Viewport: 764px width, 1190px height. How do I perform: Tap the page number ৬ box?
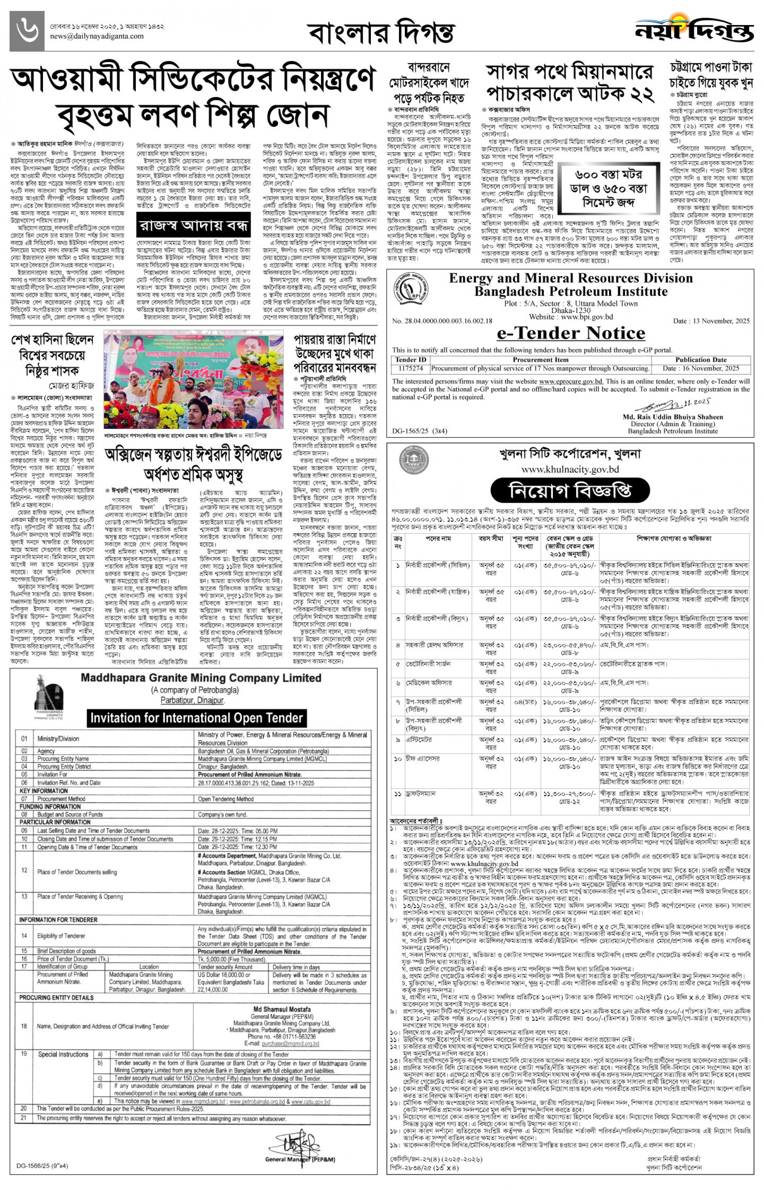click(27, 30)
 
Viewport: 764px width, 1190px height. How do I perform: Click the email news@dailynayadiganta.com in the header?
click(97, 36)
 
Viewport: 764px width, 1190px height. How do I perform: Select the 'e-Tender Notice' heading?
click(571, 332)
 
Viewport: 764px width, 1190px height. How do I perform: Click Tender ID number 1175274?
click(410, 368)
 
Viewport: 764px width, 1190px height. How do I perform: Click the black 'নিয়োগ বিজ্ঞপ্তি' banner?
click(570, 491)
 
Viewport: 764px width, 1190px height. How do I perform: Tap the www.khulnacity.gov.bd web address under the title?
click(570, 469)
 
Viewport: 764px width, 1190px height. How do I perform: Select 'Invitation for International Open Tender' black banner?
click(197, 718)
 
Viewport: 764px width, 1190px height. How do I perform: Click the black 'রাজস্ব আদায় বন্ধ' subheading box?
click(193, 226)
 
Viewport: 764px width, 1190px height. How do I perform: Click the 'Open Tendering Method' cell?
click(226, 799)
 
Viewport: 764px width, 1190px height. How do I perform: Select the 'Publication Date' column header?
click(700, 360)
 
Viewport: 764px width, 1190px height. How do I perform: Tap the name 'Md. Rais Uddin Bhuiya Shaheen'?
click(672, 417)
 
